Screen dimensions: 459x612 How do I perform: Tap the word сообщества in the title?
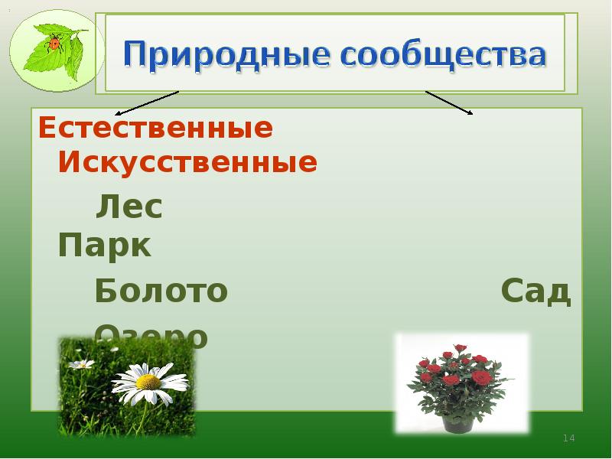point(444,55)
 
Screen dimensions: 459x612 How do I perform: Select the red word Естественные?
point(155,129)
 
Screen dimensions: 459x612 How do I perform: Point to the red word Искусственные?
point(187,162)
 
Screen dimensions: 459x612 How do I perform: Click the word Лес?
point(129,207)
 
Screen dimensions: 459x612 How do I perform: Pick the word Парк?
point(105,246)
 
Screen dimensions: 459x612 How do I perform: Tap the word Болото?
point(161,291)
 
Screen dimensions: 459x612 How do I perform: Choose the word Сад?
point(535,291)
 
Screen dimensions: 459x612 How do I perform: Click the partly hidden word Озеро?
point(151,334)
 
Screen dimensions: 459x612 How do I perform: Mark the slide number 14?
point(568,438)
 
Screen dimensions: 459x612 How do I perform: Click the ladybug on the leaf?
point(54,44)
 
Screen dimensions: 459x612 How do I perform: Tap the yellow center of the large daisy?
point(148,381)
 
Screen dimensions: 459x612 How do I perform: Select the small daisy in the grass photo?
point(81,364)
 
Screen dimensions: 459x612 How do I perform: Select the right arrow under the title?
point(449,103)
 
